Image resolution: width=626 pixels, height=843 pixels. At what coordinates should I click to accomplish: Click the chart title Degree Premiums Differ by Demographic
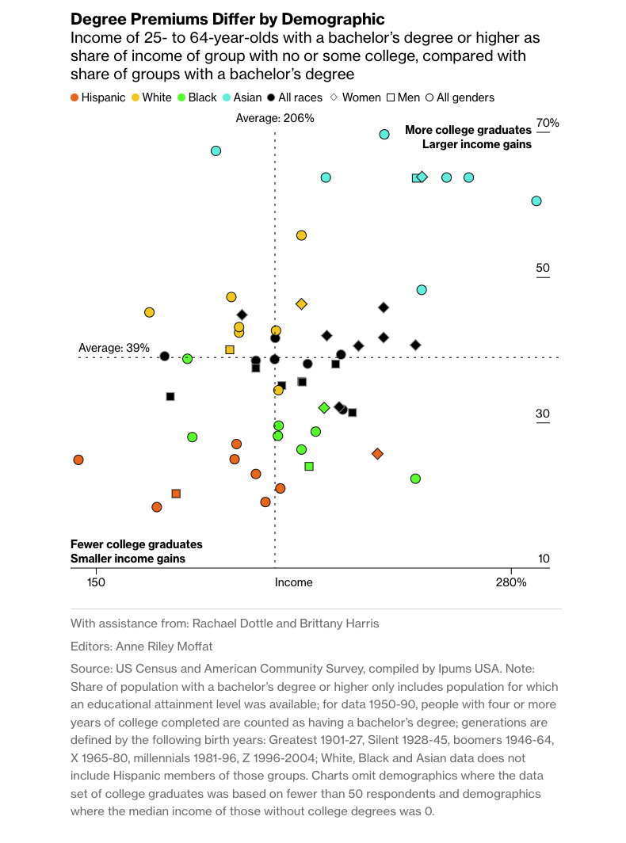tap(227, 19)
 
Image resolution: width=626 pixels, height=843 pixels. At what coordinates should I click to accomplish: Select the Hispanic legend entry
tap(98, 97)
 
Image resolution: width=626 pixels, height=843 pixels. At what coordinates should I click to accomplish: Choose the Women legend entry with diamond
tap(356, 97)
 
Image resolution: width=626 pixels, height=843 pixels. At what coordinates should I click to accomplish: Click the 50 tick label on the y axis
tap(543, 268)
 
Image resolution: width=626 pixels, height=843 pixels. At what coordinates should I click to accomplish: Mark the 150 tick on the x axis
tap(96, 582)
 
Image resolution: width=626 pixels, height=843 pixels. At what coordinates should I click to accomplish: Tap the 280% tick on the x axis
tap(511, 582)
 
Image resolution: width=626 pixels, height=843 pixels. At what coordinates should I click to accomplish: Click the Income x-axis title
tap(293, 582)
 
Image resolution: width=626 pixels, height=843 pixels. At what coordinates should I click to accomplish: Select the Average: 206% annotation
tap(275, 118)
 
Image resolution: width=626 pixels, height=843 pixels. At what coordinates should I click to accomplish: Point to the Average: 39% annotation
tap(114, 347)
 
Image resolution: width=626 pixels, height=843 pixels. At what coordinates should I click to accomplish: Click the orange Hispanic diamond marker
tap(377, 454)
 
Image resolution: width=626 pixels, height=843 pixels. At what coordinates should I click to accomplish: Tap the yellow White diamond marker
tap(301, 303)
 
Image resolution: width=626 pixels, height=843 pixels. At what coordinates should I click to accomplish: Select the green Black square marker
tap(309, 466)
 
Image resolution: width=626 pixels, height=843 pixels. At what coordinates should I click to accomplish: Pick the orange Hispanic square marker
tap(176, 494)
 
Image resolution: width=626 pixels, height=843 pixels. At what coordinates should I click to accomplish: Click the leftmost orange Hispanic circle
tap(78, 460)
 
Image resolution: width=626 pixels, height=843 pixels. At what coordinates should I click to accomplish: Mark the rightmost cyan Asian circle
tap(536, 201)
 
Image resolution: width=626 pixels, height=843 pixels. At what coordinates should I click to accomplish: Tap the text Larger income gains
tap(476, 144)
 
